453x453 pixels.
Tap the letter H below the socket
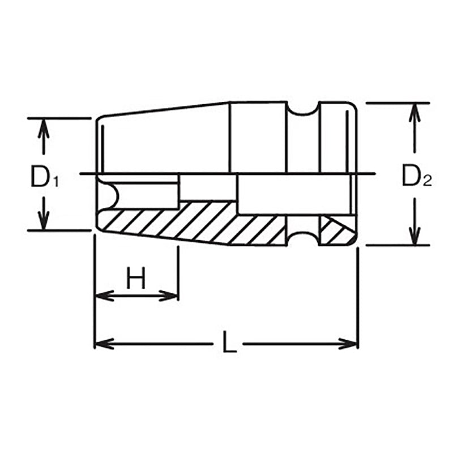(x=136, y=279)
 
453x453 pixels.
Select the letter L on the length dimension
(x=229, y=344)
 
